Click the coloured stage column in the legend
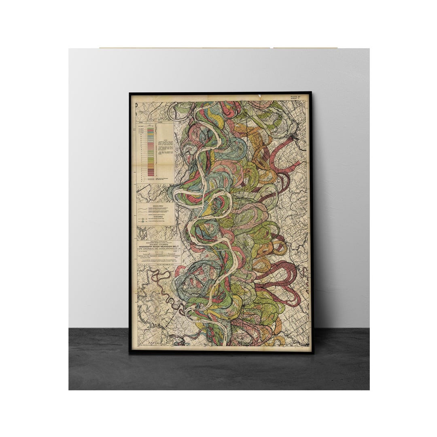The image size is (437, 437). pyautogui.click(x=151, y=152)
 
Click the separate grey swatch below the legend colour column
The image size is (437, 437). pyautogui.click(x=151, y=179)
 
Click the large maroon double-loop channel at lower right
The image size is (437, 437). pyautogui.click(x=283, y=279)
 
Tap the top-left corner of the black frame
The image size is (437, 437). pyautogui.click(x=130, y=93)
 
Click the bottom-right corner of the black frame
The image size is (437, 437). pyautogui.click(x=312, y=353)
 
